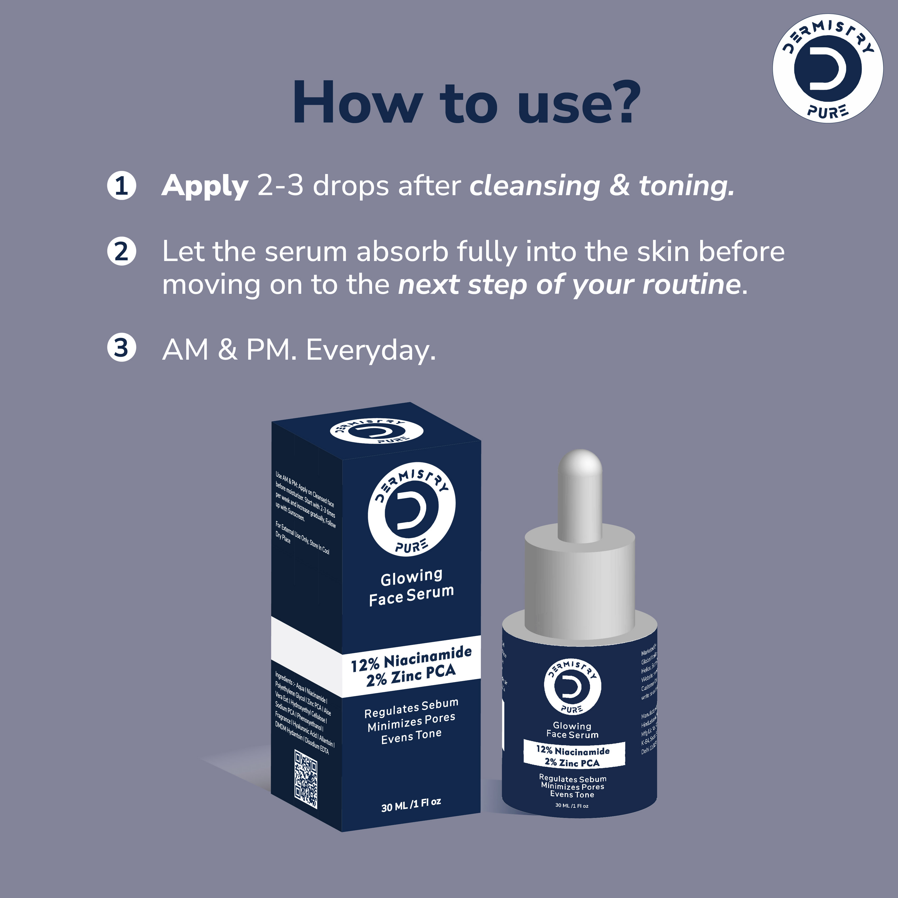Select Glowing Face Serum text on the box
(411, 587)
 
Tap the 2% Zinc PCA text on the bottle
(572, 762)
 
